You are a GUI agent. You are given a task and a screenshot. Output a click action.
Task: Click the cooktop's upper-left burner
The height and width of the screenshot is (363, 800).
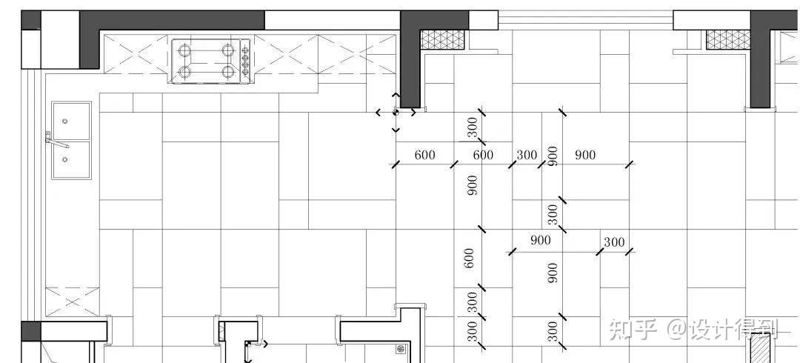tap(185, 50)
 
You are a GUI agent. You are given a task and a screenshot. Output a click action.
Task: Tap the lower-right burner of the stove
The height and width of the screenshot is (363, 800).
tap(228, 71)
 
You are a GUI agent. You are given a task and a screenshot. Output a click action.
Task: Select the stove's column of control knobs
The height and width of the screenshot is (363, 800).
tap(245, 61)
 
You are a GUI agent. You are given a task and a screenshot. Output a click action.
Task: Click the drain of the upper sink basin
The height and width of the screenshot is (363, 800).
tap(64, 121)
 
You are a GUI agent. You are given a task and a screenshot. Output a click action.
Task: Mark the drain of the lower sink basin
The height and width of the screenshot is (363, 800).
tap(64, 159)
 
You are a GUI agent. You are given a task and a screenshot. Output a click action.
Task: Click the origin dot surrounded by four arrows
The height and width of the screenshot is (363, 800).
tap(396, 113)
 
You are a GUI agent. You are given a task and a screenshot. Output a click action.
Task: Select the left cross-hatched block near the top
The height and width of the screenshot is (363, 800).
tap(442, 40)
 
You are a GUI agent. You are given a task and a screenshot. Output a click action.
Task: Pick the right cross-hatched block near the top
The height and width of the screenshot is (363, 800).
tap(728, 40)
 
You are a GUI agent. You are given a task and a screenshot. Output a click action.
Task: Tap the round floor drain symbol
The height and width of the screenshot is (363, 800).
tap(401, 349)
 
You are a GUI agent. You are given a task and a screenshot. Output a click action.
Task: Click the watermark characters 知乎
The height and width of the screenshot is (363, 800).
tap(633, 330)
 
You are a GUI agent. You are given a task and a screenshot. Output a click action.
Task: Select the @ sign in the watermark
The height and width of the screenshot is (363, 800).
tap(677, 330)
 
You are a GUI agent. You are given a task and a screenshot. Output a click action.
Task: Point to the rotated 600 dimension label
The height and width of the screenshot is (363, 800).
tap(470, 259)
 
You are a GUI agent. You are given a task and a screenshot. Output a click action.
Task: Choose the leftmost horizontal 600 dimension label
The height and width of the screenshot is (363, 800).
tap(425, 155)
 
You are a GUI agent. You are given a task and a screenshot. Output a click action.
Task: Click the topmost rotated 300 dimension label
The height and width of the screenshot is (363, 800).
tap(473, 127)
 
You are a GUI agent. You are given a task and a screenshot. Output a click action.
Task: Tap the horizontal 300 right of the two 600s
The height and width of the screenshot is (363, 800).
tap(527, 155)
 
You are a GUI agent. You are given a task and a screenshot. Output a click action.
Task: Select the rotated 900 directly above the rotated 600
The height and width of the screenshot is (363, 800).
tap(473, 185)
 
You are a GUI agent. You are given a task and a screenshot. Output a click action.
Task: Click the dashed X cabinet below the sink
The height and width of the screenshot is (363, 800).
tap(73, 302)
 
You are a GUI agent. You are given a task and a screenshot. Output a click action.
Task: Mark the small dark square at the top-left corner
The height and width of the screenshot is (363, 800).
tap(30, 20)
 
